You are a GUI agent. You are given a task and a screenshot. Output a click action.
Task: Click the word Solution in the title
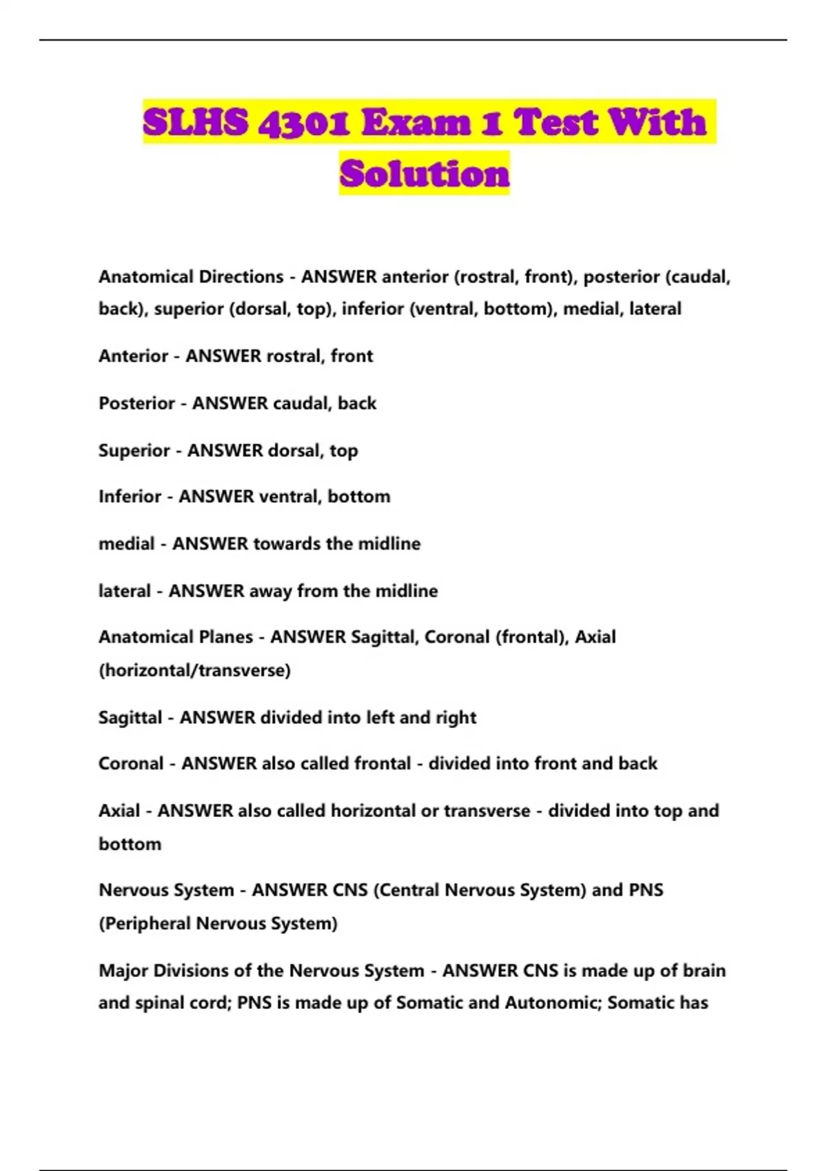click(424, 174)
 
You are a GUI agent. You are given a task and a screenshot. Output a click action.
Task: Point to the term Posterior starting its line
click(136, 403)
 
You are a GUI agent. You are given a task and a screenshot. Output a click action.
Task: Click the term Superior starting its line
click(134, 450)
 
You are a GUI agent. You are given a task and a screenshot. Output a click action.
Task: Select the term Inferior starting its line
click(130, 497)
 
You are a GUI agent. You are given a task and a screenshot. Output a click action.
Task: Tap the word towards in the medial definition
click(287, 543)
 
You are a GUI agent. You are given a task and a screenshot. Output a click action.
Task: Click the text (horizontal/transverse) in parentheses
click(194, 670)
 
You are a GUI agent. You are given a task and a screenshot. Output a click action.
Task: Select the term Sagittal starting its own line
click(130, 718)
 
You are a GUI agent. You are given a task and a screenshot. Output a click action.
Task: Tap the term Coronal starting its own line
click(131, 764)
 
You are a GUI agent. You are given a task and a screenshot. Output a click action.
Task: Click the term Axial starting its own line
click(119, 811)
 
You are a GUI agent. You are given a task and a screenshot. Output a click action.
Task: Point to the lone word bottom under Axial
click(130, 844)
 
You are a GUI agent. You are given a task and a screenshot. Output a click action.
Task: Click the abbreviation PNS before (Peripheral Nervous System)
click(646, 890)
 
